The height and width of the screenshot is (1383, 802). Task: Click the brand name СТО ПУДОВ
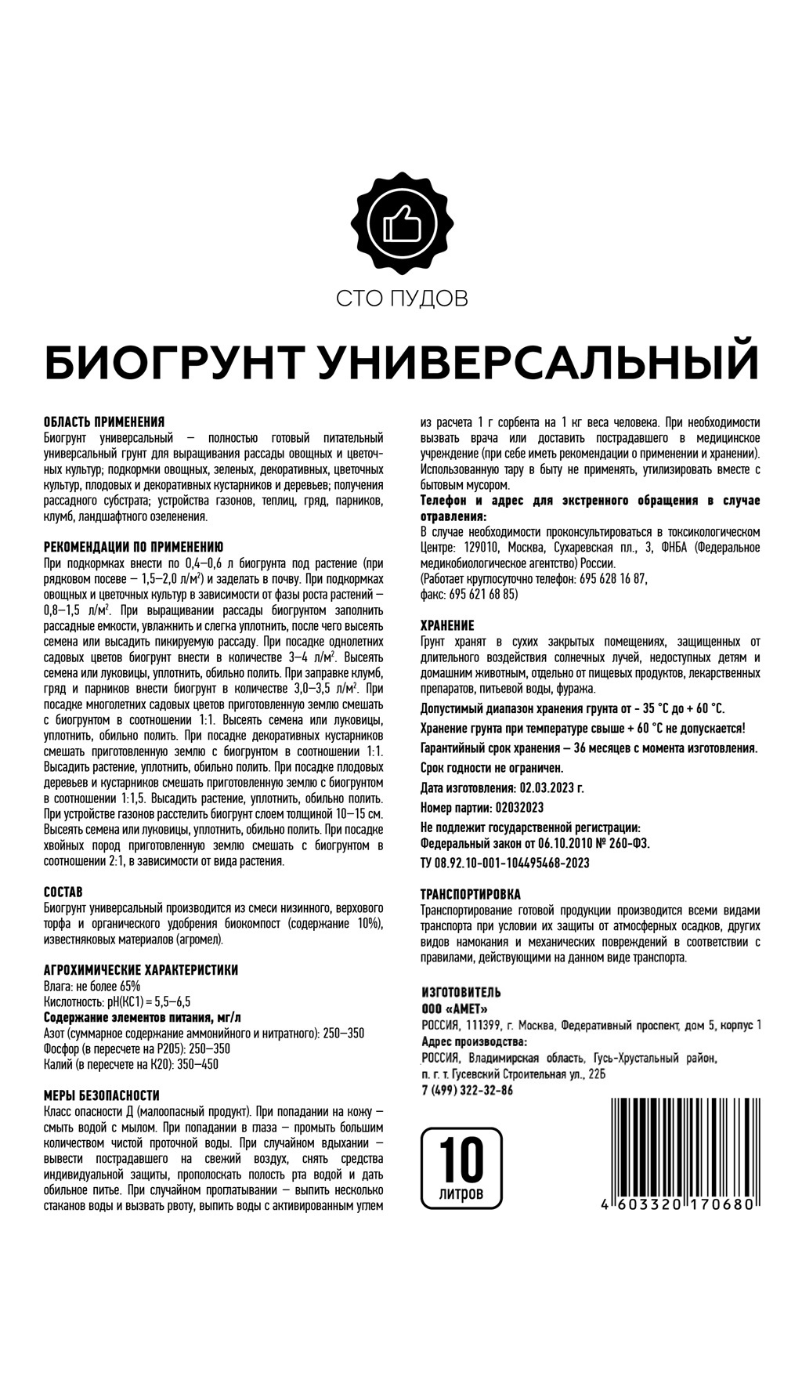coord(401,299)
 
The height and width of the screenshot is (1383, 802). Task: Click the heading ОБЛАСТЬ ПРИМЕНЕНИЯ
coord(103,422)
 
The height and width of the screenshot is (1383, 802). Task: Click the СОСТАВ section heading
coord(63,892)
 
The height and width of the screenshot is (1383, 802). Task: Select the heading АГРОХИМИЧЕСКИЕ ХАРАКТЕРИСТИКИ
coord(141,970)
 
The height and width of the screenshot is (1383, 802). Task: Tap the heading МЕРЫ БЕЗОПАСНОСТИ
coord(102,1095)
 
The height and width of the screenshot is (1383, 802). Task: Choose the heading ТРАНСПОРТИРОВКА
coord(471,894)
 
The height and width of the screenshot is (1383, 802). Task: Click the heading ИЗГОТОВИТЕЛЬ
coord(461,993)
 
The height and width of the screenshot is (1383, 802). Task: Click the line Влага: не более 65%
coord(93,986)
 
